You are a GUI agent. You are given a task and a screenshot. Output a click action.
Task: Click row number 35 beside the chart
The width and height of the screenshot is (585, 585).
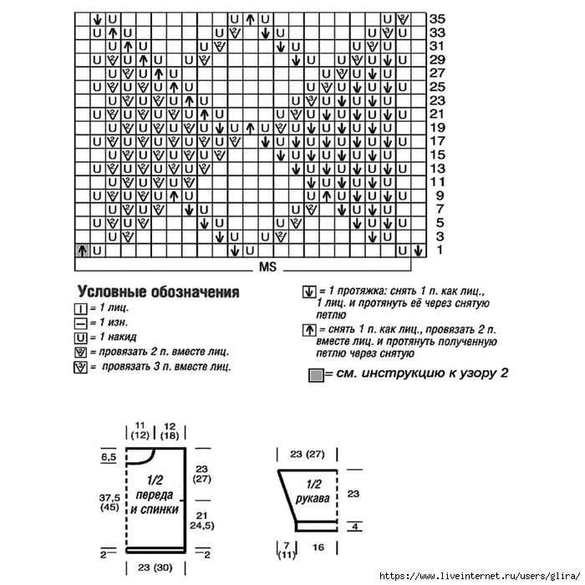[x=436, y=18]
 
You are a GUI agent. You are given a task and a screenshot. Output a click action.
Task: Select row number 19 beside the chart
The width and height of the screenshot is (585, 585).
[x=436, y=128]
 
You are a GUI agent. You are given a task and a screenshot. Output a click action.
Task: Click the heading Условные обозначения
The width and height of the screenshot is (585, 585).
[x=158, y=292]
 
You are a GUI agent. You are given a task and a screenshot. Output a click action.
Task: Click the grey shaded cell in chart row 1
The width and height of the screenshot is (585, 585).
[x=83, y=250]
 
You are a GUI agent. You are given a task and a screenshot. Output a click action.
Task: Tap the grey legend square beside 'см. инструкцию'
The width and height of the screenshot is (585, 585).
[x=316, y=374]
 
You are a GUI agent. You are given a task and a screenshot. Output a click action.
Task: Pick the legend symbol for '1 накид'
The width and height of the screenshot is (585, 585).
[x=81, y=338]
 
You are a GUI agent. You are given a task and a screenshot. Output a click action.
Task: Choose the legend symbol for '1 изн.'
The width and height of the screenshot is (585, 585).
[x=81, y=323]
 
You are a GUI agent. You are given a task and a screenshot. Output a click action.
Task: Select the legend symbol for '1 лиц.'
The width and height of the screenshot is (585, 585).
[x=81, y=309]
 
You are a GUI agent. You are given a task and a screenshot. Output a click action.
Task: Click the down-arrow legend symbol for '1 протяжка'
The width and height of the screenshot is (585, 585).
[x=308, y=293]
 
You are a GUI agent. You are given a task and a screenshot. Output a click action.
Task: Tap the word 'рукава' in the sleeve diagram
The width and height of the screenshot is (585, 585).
[x=312, y=498]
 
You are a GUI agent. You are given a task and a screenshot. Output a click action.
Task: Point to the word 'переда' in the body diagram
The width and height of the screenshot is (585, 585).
[x=154, y=496]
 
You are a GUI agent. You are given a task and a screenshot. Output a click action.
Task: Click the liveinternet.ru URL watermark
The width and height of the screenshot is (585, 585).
[x=480, y=577]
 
